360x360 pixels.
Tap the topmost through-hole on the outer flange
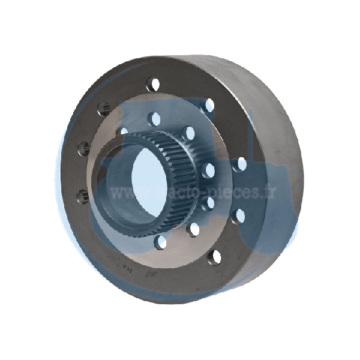coord(154,83)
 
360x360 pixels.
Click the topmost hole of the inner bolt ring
coord(155,118)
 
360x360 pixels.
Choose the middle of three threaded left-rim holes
coord(83,148)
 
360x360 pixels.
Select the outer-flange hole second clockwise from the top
coord(208,105)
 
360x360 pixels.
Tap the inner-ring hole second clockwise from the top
coord(189,133)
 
